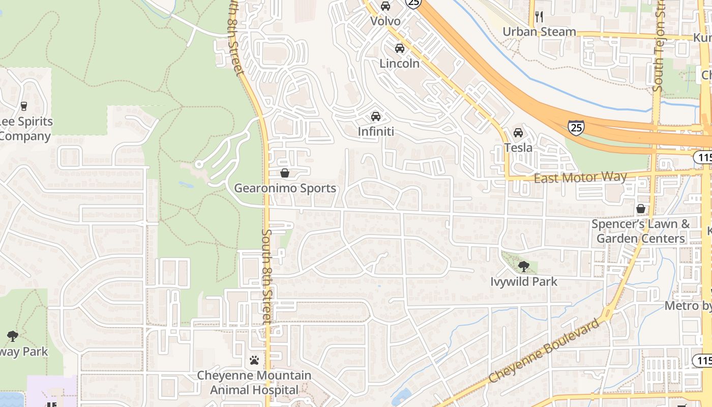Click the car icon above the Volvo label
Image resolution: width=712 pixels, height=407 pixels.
[385, 6]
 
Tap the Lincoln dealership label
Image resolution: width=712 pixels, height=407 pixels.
[400, 64]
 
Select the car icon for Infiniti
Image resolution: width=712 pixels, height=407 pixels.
[376, 116]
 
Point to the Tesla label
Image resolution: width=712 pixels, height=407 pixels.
[518, 148]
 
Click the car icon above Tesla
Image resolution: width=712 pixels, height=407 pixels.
[518, 132]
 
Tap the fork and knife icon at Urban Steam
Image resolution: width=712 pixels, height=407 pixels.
[540, 17]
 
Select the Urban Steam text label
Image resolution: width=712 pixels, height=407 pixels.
[539, 32]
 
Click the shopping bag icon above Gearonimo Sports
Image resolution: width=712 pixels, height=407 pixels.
[285, 173]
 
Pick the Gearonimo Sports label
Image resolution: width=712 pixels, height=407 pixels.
[285, 188]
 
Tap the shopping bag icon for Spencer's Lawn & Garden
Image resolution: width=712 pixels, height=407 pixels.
[641, 209]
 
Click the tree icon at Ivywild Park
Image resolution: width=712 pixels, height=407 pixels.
[523, 266]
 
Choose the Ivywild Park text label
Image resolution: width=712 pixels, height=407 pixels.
[524, 281]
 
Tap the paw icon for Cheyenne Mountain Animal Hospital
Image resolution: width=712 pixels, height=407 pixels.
[254, 360]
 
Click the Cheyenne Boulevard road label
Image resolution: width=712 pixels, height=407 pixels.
[545, 351]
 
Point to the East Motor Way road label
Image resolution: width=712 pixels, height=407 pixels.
[580, 177]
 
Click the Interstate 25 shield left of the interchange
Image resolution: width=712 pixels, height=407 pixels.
[576, 127]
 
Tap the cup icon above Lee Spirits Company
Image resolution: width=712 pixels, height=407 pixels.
[23, 106]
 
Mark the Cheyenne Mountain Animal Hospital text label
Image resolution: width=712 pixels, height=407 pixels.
[254, 383]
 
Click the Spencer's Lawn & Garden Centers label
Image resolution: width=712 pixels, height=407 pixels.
[641, 231]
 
